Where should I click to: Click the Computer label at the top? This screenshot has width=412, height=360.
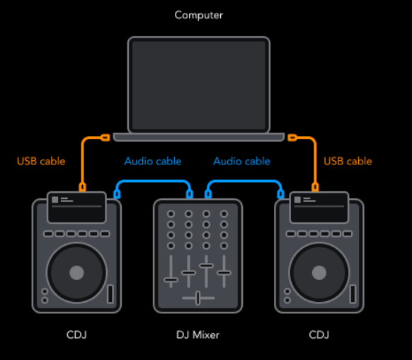(199, 16)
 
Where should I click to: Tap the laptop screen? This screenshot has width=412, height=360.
(199, 85)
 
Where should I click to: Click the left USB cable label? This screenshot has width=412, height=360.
(41, 161)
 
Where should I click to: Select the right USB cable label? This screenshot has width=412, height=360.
(348, 161)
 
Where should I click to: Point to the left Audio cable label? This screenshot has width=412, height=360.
(153, 161)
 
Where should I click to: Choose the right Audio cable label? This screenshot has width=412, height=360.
(241, 161)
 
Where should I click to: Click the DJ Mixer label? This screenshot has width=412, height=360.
(198, 334)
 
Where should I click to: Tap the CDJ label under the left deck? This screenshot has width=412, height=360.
(76, 334)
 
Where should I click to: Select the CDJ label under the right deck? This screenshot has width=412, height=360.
(319, 334)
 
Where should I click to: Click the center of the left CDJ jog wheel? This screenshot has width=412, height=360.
(76, 273)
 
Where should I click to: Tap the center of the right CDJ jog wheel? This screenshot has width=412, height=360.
(319, 273)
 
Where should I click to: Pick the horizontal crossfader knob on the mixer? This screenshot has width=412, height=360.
(198, 298)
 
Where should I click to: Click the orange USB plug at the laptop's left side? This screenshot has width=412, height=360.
(105, 137)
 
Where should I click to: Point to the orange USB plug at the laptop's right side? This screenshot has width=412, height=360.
(292, 137)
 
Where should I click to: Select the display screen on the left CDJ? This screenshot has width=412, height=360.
(76, 208)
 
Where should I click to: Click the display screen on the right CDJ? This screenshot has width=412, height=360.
(319, 208)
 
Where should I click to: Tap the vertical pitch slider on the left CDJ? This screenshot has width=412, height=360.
(110, 293)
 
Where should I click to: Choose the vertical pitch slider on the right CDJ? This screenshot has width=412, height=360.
(353, 293)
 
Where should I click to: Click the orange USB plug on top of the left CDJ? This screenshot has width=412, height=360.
(82, 187)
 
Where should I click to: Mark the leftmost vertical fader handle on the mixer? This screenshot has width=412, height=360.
(171, 280)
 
